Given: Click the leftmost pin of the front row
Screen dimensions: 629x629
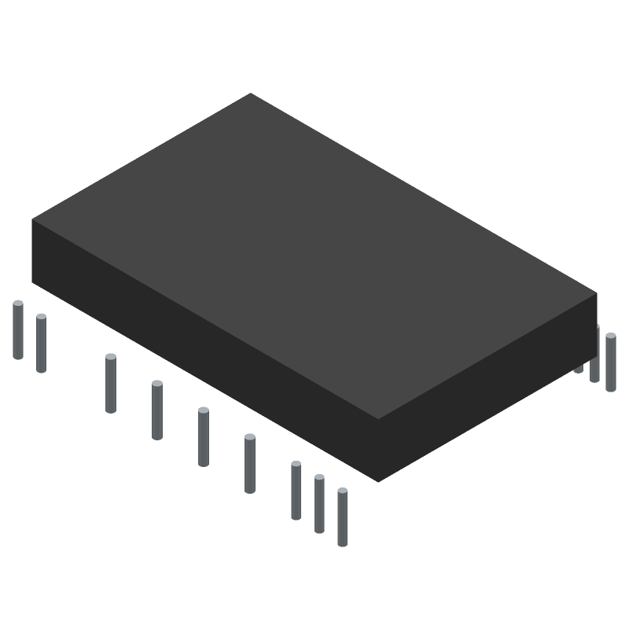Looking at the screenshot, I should point(18,330).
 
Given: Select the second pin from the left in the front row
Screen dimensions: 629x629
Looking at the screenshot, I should point(41,344).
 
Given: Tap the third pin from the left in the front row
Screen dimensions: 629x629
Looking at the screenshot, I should point(111,384).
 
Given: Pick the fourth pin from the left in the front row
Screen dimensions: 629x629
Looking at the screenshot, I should point(157,410).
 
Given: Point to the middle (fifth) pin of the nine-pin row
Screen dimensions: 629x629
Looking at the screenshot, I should point(204,437).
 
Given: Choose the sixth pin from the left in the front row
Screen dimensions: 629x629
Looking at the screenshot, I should point(250,464).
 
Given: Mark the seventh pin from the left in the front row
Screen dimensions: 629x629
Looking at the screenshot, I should point(296,491).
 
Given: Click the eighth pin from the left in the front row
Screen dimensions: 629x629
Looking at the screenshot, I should point(319,504).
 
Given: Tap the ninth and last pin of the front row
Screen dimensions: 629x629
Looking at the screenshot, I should point(342,517).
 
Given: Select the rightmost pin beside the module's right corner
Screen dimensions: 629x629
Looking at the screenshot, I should point(611,362).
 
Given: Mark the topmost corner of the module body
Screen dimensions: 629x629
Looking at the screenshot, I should point(251,94).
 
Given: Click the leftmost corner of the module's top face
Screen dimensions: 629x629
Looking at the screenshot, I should point(32,219).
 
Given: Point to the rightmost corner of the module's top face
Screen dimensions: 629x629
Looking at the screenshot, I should point(597,293).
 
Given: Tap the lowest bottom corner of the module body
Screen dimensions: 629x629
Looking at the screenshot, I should point(378,481).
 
